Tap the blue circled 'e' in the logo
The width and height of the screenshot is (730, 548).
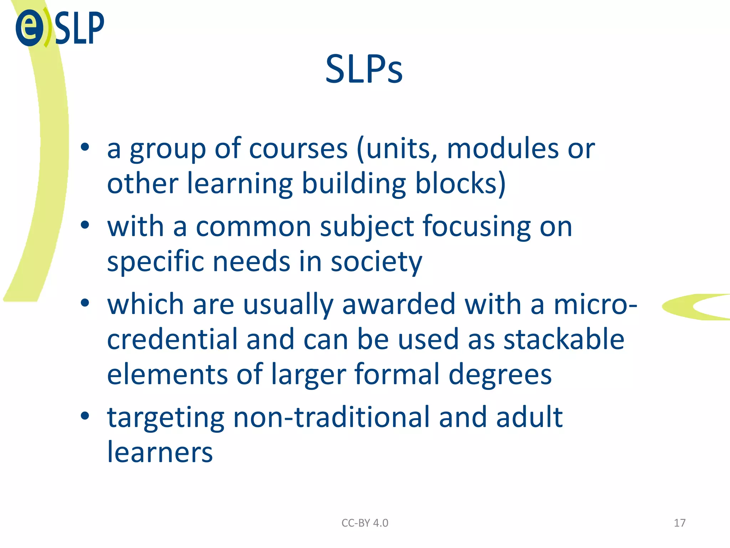[30, 27]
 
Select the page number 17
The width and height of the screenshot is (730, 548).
[679, 523]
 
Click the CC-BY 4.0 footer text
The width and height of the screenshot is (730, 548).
[365, 523]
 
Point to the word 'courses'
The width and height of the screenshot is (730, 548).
[298, 149]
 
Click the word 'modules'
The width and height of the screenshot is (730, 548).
[503, 149]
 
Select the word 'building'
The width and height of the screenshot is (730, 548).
[354, 184]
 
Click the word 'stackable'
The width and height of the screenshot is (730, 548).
[564, 339]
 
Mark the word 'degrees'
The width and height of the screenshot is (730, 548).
[500, 375]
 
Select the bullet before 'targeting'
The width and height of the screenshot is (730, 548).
[85, 416]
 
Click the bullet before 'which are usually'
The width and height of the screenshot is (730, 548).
[85, 303]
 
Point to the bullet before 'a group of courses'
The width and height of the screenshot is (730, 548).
[85, 147]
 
